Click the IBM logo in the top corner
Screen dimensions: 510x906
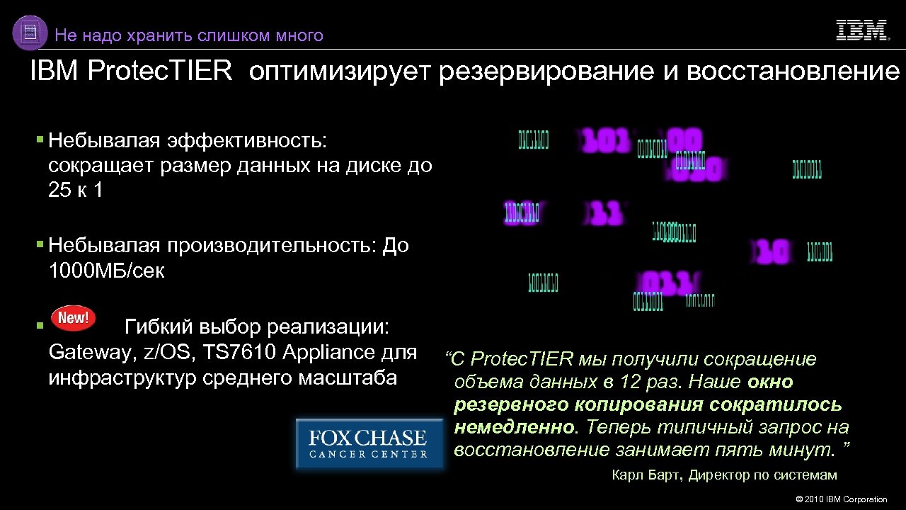pyautogui.click(x=861, y=30)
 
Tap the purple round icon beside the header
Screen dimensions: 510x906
pyautogui.click(x=30, y=33)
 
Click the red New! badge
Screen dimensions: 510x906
pyautogui.click(x=74, y=317)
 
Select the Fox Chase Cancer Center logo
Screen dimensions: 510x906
pyautogui.click(x=369, y=443)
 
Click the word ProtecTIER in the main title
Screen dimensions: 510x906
pyautogui.click(x=160, y=72)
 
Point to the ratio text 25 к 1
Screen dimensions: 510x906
pyautogui.click(x=76, y=191)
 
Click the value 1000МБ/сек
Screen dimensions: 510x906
pyautogui.click(x=106, y=271)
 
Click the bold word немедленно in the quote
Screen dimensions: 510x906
pyautogui.click(x=515, y=427)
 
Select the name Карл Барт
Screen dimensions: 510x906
pyautogui.click(x=648, y=475)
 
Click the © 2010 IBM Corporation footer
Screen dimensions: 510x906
pyautogui.click(x=842, y=499)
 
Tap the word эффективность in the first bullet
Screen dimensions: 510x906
pyautogui.click(x=247, y=140)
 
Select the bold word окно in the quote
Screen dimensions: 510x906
pyautogui.click(x=770, y=382)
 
